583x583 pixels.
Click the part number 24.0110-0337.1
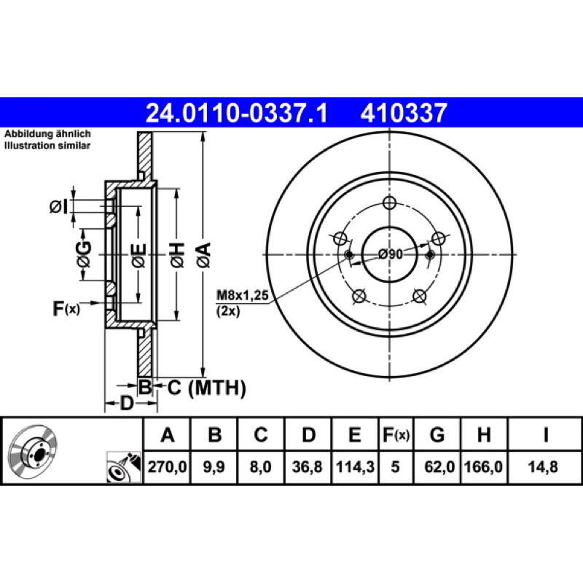[x=237, y=113]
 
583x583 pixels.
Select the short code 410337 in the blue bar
[x=404, y=113]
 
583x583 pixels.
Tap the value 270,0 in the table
[x=167, y=466]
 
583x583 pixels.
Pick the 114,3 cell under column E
[x=355, y=466]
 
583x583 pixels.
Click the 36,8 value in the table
[x=307, y=466]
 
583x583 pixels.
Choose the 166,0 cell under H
[x=484, y=466]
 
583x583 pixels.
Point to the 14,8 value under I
[x=543, y=466]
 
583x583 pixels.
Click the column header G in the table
[x=437, y=434]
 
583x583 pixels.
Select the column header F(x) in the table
[x=396, y=434]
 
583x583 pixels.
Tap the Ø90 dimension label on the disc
[x=391, y=254]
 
